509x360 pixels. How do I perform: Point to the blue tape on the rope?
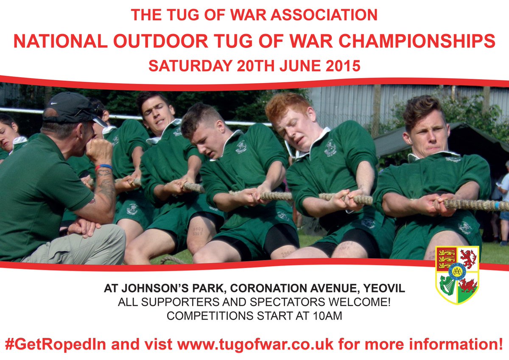[497, 205]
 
